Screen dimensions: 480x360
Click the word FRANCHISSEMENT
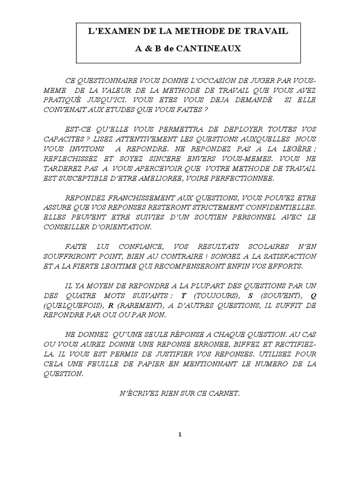pos(141,197)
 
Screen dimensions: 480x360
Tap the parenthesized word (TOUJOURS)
pos(212,296)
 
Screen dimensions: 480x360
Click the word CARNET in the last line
pos(226,393)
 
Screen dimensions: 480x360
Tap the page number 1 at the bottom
pos(180,435)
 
